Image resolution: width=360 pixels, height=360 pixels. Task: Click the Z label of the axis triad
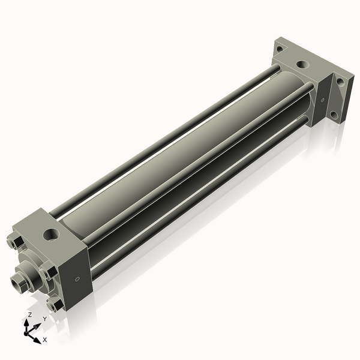[30, 314]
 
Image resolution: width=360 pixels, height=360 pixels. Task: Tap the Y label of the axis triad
[44, 319]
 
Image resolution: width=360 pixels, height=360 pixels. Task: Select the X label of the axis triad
[45, 340]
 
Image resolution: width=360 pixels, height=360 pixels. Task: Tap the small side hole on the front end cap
[77, 279]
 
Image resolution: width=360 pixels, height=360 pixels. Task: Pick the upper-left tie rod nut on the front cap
[16, 242]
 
